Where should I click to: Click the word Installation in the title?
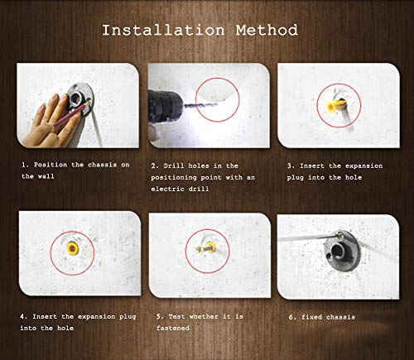tap(163, 30)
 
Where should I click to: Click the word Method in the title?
tap(267, 30)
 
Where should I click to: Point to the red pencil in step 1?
tap(71, 115)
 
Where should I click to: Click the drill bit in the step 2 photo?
tap(200, 105)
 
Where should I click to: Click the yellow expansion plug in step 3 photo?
tap(334, 105)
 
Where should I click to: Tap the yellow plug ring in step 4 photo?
tap(72, 248)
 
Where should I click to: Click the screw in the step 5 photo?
tap(205, 248)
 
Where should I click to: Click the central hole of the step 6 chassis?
tap(338, 252)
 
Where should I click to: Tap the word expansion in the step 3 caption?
tap(363, 166)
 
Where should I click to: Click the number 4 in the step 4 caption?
tap(22, 316)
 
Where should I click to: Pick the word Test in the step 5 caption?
tap(176, 316)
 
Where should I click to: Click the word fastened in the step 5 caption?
tap(173, 328)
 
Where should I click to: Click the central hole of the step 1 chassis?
tap(75, 98)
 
